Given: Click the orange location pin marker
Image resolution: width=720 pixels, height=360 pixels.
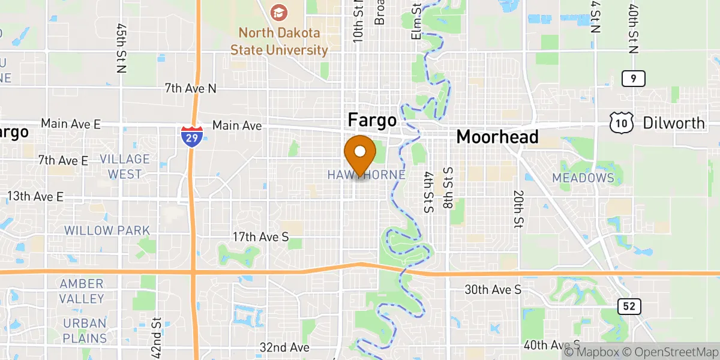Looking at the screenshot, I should pos(360,154).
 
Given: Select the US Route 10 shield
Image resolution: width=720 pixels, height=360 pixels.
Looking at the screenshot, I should pos(619,123).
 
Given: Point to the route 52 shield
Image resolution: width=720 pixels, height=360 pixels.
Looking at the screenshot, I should pos(629,307).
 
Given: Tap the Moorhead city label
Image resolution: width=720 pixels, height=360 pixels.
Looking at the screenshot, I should pos(497,137).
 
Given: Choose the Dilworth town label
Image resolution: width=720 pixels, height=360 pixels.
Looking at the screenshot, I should pos(674,123).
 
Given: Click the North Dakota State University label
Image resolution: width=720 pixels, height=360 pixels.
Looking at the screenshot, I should pos(279,41).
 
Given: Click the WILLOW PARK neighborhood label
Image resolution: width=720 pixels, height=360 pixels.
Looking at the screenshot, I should pos(107,230).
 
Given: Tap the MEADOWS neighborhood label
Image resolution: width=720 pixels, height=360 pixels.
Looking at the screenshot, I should pos(583,178).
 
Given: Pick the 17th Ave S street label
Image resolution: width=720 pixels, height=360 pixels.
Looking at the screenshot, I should pos(260,238).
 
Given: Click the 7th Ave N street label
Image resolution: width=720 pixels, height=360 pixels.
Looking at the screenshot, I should pos(190,89).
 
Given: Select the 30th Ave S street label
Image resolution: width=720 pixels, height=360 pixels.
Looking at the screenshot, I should pos(493,290).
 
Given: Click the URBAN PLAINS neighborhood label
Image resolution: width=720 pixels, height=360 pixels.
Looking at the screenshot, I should pos(85,331).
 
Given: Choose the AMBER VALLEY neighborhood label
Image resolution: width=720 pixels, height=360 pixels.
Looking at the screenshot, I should pos(82,291).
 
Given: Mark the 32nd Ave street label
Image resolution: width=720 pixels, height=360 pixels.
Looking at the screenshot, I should pos(284,347).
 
